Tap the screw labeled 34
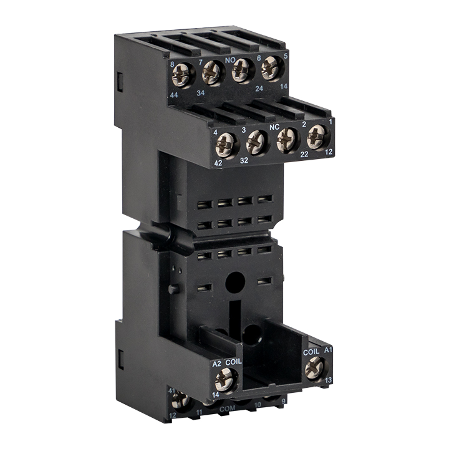pos(212,74)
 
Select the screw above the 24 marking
pos(242,70)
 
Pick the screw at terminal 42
pos(225,146)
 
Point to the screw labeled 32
pos(256,143)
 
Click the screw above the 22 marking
pos(287,140)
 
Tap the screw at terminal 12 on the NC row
pos(316,136)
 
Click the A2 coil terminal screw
pos(225,378)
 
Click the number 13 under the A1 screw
pos(329,380)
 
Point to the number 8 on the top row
pos(172,64)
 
